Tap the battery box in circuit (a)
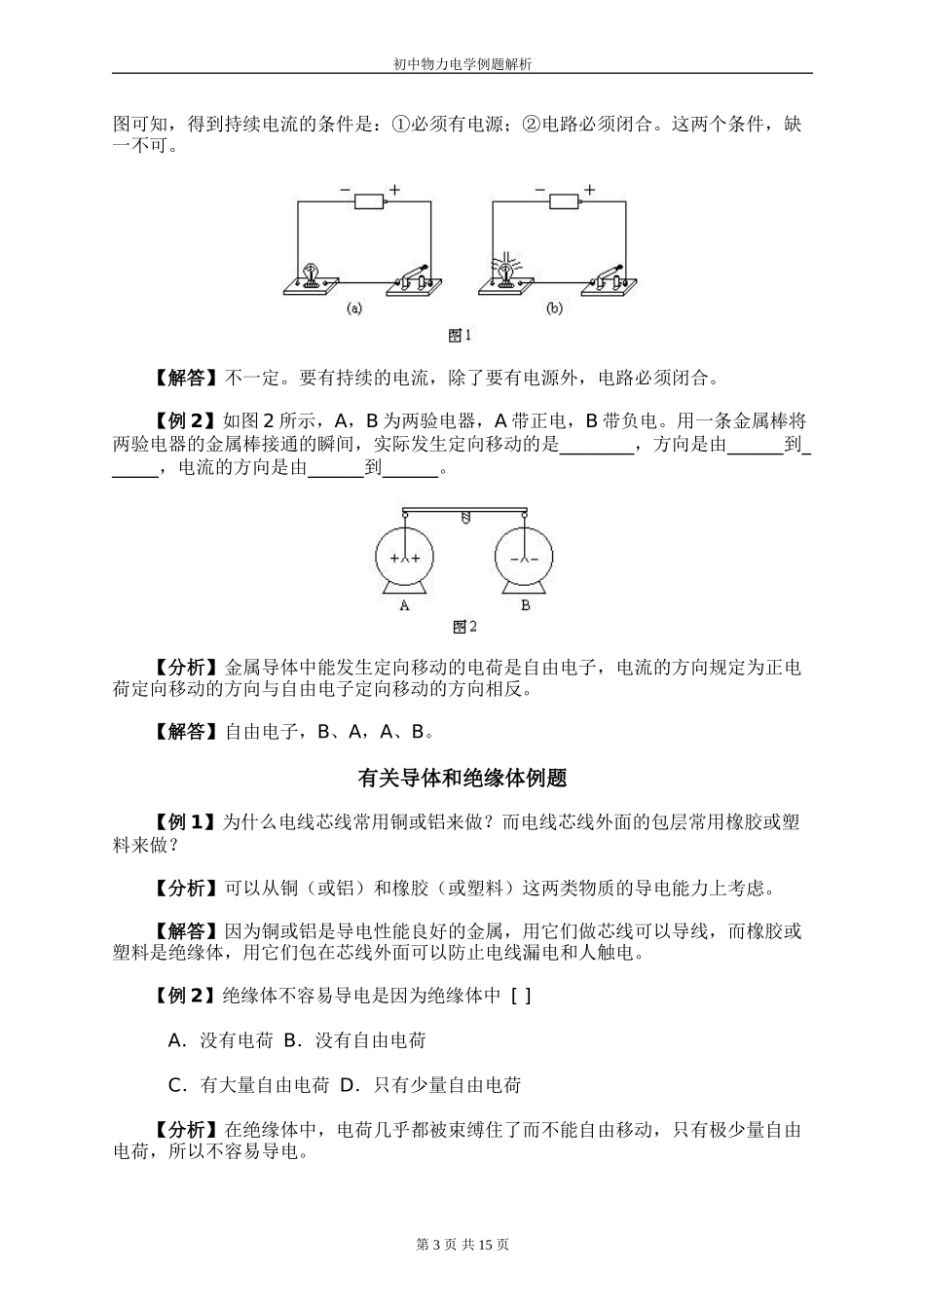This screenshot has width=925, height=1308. (x=369, y=202)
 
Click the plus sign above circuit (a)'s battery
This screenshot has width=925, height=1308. (x=394, y=188)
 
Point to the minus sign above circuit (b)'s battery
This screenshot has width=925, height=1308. (x=540, y=188)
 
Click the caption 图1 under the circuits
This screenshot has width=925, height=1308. (x=461, y=336)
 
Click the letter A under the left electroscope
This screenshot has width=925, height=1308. (x=404, y=604)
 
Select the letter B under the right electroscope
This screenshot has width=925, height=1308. (x=525, y=604)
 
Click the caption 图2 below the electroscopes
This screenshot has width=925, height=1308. (x=464, y=628)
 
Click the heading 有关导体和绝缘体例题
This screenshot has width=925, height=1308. (x=462, y=779)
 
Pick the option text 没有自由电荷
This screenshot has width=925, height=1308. (x=370, y=1040)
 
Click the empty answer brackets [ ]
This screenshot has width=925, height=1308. (x=521, y=996)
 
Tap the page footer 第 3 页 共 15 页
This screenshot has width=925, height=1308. (x=462, y=1244)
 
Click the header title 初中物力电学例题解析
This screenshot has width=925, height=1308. (x=462, y=63)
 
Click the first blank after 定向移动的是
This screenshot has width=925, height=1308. (x=596, y=447)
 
